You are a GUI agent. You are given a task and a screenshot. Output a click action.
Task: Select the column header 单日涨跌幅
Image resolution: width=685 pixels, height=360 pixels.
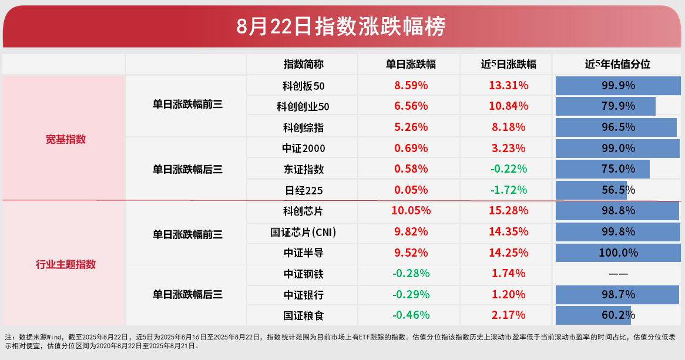pyautogui.click(x=411, y=64)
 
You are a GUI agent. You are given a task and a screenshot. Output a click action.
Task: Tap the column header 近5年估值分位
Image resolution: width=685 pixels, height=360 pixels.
pyautogui.click(x=618, y=64)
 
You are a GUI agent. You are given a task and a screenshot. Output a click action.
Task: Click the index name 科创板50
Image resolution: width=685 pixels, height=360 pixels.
pyautogui.click(x=303, y=86)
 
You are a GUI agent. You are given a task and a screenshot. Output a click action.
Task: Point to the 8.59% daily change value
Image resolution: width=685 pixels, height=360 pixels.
pyautogui.click(x=411, y=86)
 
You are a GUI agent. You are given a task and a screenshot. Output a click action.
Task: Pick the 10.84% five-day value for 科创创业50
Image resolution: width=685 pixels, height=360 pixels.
pyautogui.click(x=508, y=106)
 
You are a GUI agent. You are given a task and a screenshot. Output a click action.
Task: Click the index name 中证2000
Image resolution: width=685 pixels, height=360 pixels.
pyautogui.click(x=303, y=148)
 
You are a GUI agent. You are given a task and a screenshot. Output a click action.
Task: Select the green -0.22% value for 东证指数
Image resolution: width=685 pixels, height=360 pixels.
pyautogui.click(x=508, y=169)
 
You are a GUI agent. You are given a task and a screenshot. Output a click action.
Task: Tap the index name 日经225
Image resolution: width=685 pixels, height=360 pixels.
pyautogui.click(x=303, y=190)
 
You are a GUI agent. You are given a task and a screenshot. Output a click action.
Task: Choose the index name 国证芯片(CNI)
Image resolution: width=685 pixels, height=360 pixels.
pyautogui.click(x=303, y=232)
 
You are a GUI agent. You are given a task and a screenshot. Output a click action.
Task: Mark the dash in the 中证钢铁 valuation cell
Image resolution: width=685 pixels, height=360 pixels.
pyautogui.click(x=618, y=274)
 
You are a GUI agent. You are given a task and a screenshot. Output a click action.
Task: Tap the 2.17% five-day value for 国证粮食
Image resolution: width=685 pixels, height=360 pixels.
pyautogui.click(x=508, y=315)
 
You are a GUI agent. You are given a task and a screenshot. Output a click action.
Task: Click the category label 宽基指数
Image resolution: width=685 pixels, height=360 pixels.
pyautogui.click(x=66, y=139)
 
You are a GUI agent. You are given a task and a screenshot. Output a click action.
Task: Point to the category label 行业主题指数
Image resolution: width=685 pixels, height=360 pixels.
pyautogui.click(x=66, y=264)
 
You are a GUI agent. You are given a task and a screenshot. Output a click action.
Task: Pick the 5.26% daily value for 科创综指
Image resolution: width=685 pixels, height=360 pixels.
pyautogui.click(x=411, y=127)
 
